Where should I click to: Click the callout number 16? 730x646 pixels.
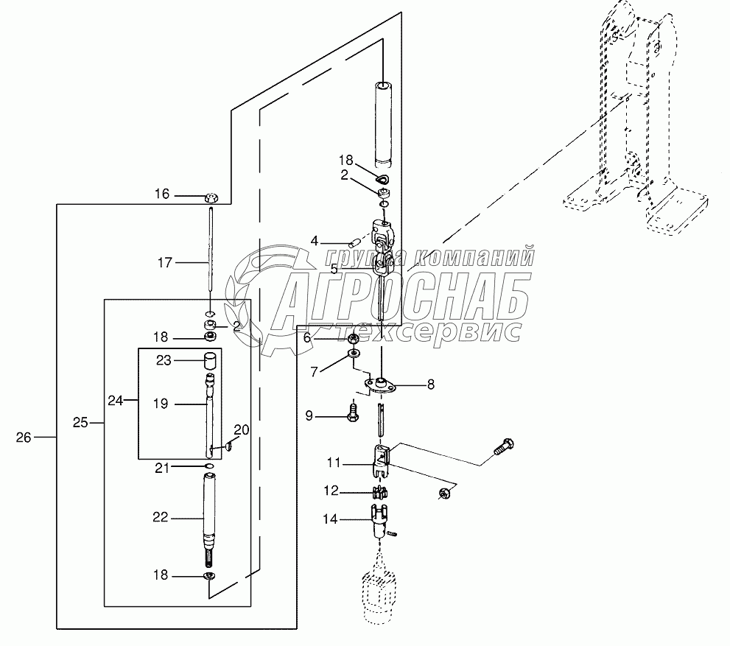click(x=161, y=194)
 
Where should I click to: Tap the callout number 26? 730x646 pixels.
click(x=24, y=438)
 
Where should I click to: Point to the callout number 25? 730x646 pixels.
click(x=81, y=423)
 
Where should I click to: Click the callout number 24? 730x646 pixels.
click(x=116, y=401)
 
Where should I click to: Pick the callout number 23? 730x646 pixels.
click(x=163, y=361)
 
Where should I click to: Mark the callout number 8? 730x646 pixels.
click(x=431, y=384)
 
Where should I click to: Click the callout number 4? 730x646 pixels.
click(x=315, y=240)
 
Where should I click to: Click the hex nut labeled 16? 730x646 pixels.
click(x=213, y=197)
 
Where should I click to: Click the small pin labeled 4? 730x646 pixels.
click(x=354, y=239)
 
